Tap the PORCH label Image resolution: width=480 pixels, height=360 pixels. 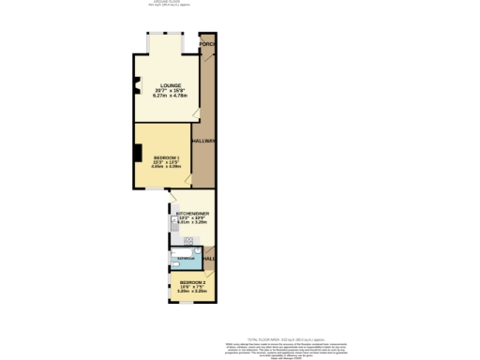coord(207,44)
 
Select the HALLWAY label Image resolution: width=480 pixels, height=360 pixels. coord(204,141)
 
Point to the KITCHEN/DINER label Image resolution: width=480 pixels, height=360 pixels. coord(192,214)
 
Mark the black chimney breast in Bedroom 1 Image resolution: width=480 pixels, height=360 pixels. coord(137,154)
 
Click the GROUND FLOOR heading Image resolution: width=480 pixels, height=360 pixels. coord(166,3)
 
